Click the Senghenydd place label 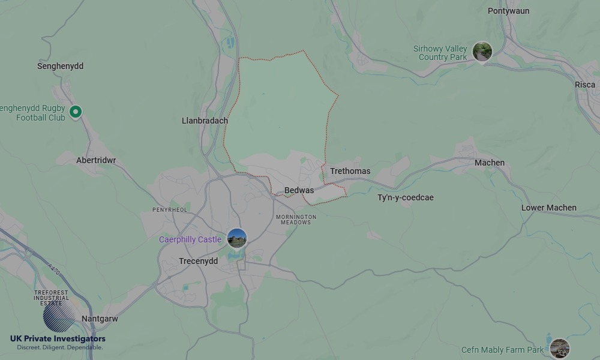(x=60, y=66)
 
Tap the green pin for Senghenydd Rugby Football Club (x=76, y=112)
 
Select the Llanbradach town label (x=205, y=121)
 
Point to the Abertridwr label (x=96, y=161)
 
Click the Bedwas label (x=299, y=190)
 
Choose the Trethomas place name (x=350, y=171)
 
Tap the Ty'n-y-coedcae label (x=405, y=197)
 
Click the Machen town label (x=489, y=163)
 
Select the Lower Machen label (x=548, y=208)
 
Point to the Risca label (x=584, y=85)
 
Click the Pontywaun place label (x=508, y=11)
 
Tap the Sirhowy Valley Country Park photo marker (x=482, y=52)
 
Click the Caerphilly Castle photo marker (x=237, y=238)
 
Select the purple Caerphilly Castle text (x=190, y=239)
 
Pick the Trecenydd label (x=198, y=261)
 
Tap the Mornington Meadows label (x=296, y=220)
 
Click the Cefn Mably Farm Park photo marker (x=559, y=348)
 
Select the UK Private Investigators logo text (x=58, y=339)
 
